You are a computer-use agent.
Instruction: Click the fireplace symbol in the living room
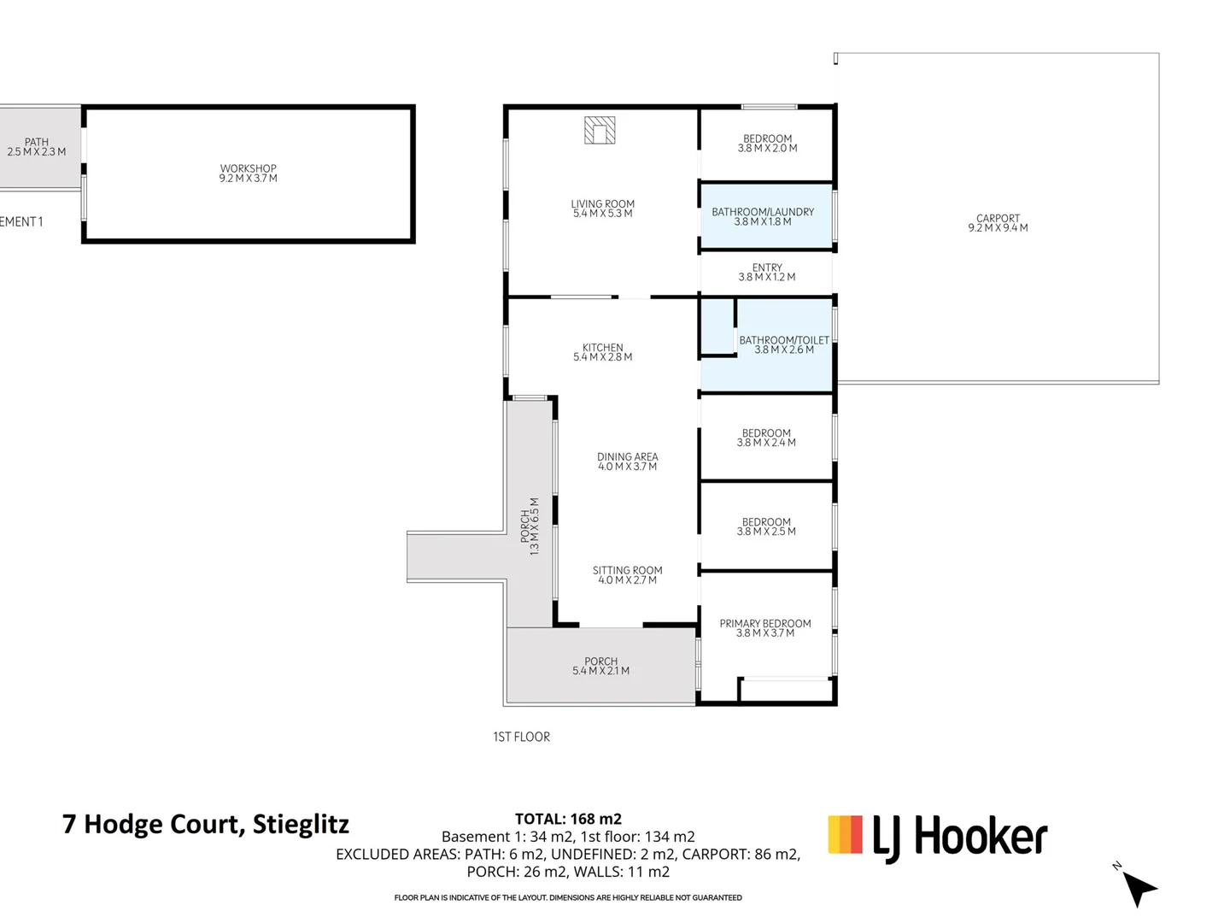point(600,130)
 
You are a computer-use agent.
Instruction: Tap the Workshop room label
point(248,169)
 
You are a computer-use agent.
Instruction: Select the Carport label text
point(998,219)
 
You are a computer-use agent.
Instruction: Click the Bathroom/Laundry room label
point(763,212)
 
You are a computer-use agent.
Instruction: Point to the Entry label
point(767,267)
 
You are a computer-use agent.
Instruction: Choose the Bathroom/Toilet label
point(783,340)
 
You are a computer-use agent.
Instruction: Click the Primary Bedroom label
point(765,624)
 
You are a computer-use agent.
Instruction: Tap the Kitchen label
point(602,348)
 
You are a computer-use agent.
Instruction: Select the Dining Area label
point(627,457)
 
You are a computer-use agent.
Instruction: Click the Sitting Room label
point(627,571)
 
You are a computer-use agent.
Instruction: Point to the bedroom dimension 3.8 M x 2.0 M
point(767,149)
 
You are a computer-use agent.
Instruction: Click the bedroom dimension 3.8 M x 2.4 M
point(766,443)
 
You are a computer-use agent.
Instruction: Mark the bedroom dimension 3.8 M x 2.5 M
point(766,532)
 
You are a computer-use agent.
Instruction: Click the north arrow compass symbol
point(1138,887)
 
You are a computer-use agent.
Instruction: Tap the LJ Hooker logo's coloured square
point(845,835)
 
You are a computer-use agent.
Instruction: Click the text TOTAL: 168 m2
point(568,819)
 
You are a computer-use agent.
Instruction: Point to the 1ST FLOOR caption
point(521,737)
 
